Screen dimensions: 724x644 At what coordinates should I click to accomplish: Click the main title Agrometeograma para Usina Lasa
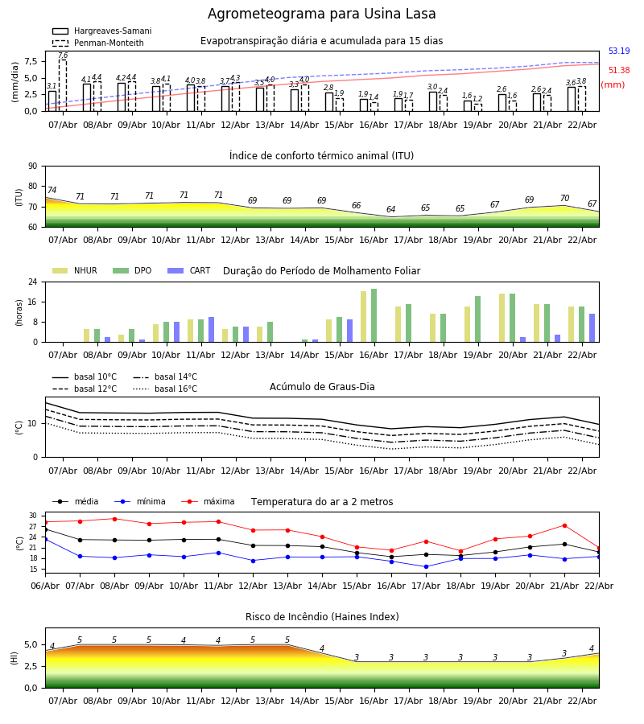click(x=322, y=14)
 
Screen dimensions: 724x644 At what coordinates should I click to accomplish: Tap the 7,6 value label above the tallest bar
click(x=63, y=56)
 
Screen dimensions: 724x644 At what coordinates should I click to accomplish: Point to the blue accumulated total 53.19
click(x=618, y=51)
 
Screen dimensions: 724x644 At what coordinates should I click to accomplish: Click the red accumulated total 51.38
click(x=618, y=71)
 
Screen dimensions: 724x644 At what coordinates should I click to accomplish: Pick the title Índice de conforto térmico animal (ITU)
click(x=322, y=156)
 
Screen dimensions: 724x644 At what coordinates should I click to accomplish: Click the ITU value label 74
click(x=52, y=191)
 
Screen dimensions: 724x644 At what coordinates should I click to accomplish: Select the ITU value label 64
click(x=391, y=210)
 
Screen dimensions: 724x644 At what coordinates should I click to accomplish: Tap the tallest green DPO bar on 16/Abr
click(x=374, y=315)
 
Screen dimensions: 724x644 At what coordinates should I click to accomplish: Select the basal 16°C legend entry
click(x=175, y=389)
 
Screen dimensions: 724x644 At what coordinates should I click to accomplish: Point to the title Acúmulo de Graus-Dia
click(x=322, y=387)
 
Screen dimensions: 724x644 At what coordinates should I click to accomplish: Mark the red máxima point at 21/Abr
click(x=564, y=525)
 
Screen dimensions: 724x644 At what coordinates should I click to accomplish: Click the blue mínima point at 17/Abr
click(x=426, y=566)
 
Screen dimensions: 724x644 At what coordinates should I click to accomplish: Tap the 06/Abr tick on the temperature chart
click(x=45, y=585)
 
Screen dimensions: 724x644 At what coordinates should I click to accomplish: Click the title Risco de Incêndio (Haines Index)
click(x=322, y=617)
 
